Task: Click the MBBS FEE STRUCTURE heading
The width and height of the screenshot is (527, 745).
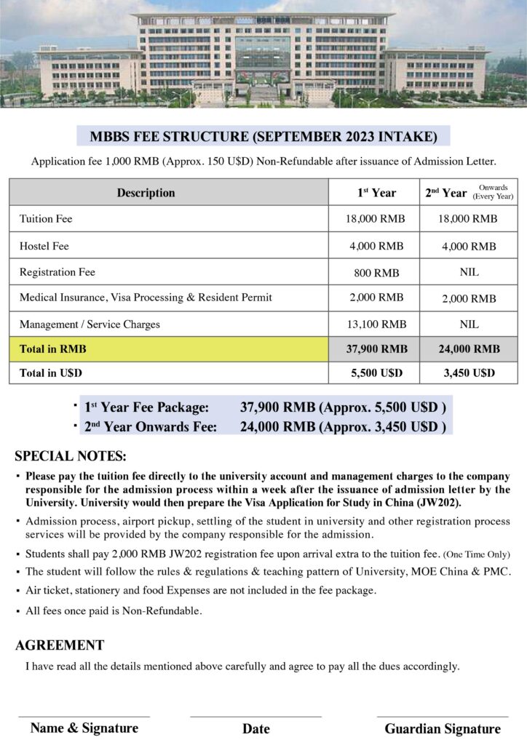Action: click(x=263, y=136)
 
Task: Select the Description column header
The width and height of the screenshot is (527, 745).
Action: click(x=146, y=193)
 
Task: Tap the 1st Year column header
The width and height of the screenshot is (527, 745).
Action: click(x=376, y=193)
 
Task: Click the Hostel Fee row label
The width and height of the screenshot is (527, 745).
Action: click(x=44, y=246)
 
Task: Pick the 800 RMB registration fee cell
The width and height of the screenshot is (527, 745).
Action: click(x=376, y=273)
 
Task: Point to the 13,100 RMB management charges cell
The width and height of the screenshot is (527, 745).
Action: click(x=376, y=324)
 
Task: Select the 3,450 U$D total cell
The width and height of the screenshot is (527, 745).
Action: click(x=469, y=373)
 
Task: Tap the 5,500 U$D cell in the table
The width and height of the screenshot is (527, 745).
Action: click(x=376, y=373)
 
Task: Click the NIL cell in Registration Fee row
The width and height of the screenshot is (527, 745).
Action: click(x=469, y=273)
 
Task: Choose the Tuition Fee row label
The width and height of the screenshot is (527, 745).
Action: click(x=46, y=218)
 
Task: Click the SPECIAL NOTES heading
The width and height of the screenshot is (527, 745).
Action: click(x=71, y=457)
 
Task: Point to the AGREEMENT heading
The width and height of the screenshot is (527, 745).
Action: click(x=60, y=645)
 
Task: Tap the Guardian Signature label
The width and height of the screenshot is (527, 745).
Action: click(x=443, y=728)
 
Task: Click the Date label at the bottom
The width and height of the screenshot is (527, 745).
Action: click(x=255, y=728)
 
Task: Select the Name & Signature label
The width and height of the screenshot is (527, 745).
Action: click(x=84, y=728)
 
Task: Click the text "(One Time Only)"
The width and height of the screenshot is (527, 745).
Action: click(x=477, y=555)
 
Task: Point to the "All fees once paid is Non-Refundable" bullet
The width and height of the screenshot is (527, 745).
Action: click(x=114, y=610)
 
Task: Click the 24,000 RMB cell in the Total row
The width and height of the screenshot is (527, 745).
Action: click(x=469, y=349)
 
